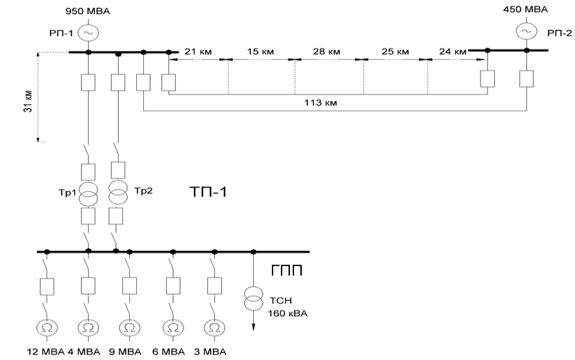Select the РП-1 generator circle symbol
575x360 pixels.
pyautogui.click(x=88, y=33)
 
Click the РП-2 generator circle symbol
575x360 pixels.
pyautogui.click(x=526, y=31)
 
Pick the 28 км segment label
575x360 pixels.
pyautogui.click(x=325, y=51)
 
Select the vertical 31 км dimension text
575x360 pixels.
pyautogui.click(x=29, y=99)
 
